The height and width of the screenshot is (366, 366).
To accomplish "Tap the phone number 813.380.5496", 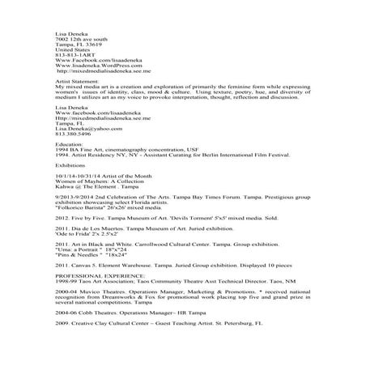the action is point(71,134).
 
